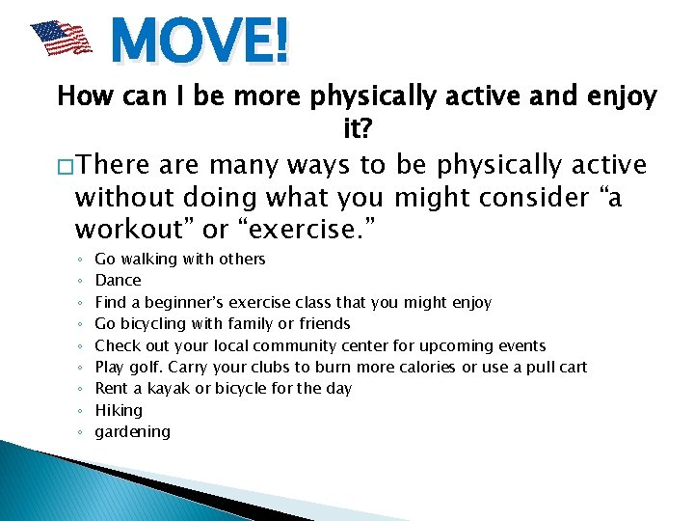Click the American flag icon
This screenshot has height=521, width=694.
click(x=61, y=40)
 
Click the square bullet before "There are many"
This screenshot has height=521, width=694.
click(x=66, y=165)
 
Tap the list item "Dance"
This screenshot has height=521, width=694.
click(x=118, y=281)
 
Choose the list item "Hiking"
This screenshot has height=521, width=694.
click(x=119, y=410)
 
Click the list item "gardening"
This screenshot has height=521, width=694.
click(x=132, y=432)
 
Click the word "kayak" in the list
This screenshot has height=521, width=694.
click(x=168, y=389)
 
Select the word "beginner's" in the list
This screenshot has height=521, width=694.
click(x=180, y=302)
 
